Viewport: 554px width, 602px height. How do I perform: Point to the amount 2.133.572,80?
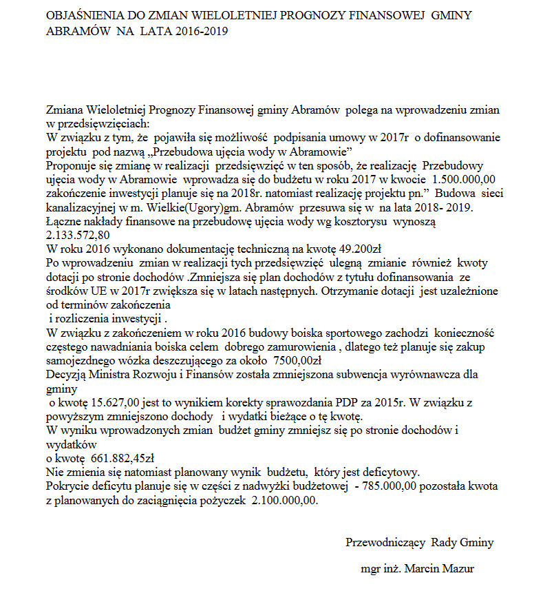point(78,234)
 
